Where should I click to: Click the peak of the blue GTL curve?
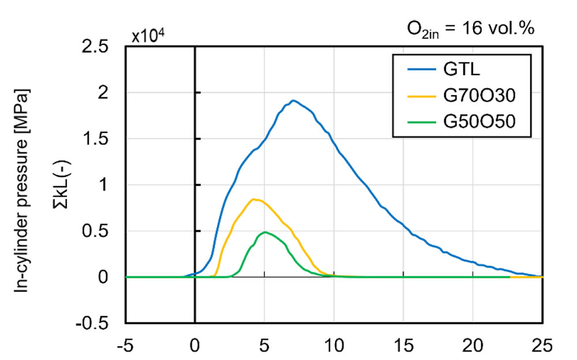293,100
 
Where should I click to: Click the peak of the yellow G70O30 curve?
254,199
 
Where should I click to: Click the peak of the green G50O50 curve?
265,232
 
